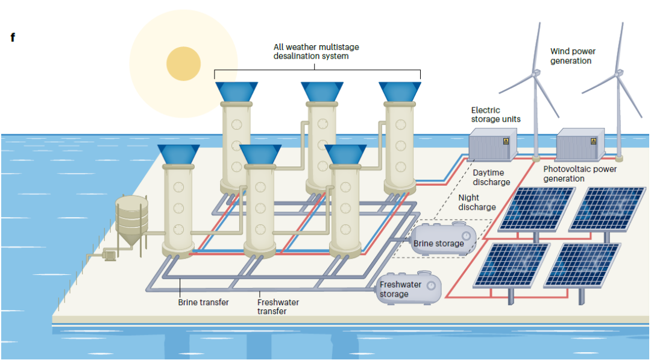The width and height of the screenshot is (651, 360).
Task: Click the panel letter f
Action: click(x=12, y=37)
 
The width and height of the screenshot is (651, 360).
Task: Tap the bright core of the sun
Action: click(x=183, y=63)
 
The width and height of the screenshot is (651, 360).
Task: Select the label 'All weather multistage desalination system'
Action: click(x=316, y=51)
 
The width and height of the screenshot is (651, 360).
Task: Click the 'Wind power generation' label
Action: click(x=572, y=56)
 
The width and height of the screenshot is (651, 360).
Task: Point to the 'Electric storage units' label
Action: click(x=495, y=115)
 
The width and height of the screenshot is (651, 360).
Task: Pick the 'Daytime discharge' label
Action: click(x=491, y=177)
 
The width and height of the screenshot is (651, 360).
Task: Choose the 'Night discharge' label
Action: click(x=477, y=202)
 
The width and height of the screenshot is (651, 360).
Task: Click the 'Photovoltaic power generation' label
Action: click(x=580, y=174)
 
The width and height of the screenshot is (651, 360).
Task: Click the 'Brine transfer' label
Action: click(x=203, y=302)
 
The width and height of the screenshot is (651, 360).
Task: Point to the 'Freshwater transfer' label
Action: click(x=278, y=306)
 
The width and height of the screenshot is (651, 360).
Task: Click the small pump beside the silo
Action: click(x=109, y=255)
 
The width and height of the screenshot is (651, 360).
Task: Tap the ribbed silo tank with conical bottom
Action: click(x=132, y=218)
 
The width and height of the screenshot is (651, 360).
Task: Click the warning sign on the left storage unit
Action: click(x=506, y=141)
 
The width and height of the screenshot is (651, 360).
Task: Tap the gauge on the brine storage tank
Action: click(x=466, y=235)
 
